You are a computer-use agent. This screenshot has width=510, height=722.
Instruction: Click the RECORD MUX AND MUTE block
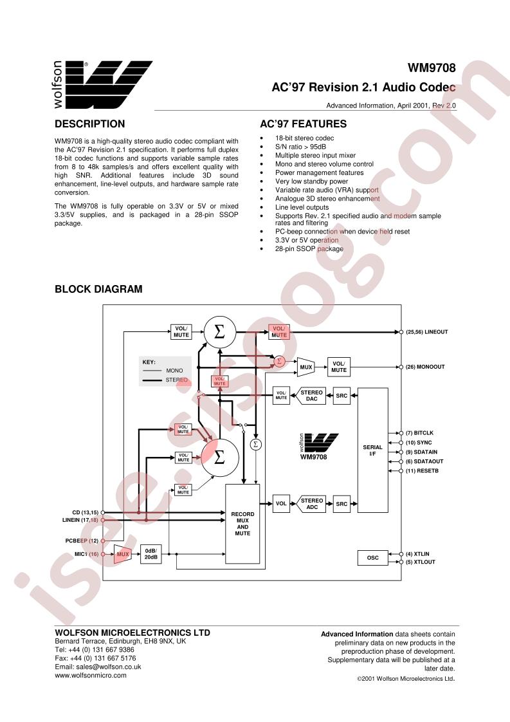(x=242, y=524)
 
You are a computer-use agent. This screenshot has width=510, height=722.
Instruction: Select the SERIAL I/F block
(x=372, y=450)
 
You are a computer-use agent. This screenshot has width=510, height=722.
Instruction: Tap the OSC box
(x=372, y=558)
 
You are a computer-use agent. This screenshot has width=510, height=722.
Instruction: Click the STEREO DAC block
(x=312, y=396)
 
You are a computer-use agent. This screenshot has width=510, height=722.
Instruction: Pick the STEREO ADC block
(x=312, y=504)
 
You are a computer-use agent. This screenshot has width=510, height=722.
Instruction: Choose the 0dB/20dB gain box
(x=151, y=554)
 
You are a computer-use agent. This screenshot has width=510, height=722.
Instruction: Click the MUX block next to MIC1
(x=122, y=554)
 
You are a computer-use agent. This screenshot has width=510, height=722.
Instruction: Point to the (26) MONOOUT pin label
(x=425, y=367)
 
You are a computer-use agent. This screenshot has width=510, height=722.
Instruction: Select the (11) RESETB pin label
(x=422, y=471)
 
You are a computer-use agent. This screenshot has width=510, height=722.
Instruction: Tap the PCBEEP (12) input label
(x=82, y=541)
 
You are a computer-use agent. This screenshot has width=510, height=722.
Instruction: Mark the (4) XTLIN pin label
(x=417, y=554)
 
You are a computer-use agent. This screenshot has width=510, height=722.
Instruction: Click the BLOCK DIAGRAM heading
(x=98, y=289)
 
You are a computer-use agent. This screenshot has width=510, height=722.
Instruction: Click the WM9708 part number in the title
(x=432, y=68)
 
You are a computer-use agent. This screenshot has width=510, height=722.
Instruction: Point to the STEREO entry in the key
(x=177, y=380)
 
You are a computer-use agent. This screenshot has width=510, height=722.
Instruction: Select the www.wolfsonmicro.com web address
(x=91, y=676)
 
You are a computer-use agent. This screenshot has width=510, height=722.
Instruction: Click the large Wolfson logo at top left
(x=103, y=85)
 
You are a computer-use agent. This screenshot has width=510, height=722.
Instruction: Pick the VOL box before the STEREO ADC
(x=281, y=504)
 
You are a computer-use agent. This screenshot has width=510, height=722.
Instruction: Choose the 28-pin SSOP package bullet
(x=309, y=248)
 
